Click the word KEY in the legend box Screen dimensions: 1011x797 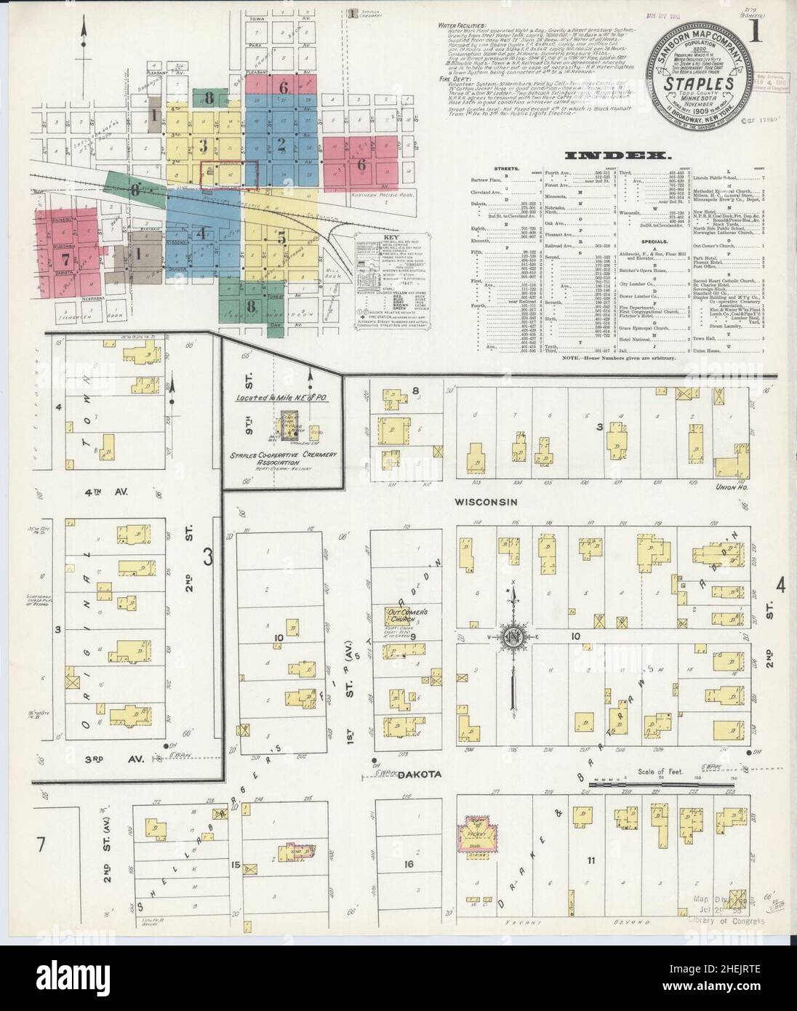[x=391, y=238]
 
